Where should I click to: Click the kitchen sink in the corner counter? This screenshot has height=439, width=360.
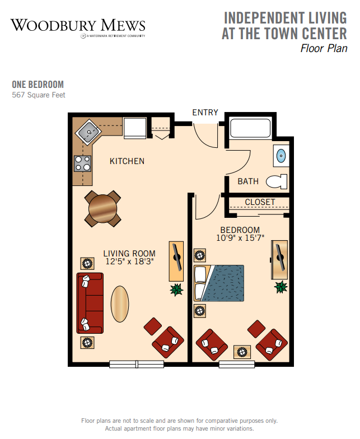coord(88,132)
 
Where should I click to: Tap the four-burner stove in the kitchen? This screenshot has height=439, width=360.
coord(83,164)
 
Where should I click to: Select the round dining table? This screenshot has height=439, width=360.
coord(103,208)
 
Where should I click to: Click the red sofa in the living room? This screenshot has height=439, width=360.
coord(90,303)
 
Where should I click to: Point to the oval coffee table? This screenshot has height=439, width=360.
coord(120,303)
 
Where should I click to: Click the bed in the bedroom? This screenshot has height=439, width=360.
coord(219,283)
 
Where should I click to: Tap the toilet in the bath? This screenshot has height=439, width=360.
coord(277,181)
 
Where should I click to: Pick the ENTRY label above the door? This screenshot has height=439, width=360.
coord(205,112)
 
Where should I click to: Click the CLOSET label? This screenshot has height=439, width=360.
coord(260,202)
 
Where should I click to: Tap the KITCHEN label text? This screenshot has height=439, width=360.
coord(127,161)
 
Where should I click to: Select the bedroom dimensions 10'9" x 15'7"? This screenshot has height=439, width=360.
coord(240,237)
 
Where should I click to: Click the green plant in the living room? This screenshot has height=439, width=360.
coord(176,289)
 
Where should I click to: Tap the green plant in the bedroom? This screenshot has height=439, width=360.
coord(281,287)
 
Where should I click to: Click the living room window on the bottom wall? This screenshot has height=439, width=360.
coord(137,364)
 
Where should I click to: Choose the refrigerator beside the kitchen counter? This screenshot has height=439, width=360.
coord(135,128)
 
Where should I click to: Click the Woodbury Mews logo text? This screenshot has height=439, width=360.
coord(78,26)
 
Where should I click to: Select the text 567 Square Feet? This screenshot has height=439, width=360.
coord(39,95)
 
